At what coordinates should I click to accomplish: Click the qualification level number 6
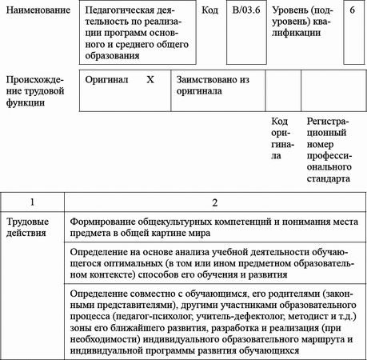pyautogui.click(x=353, y=14)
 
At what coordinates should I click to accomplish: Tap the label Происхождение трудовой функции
pyautogui.click(x=37, y=92)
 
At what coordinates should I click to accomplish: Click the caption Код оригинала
pyautogui.click(x=280, y=138)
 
